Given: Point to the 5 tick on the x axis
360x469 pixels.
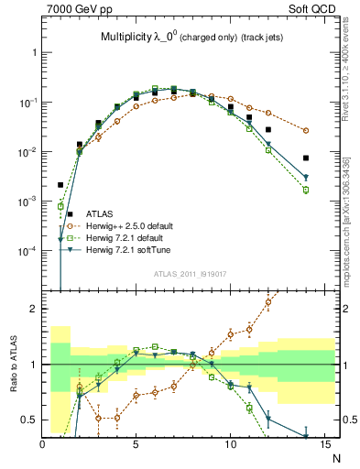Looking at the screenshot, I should [x=136, y=446].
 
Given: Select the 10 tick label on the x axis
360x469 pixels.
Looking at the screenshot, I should [x=230, y=446].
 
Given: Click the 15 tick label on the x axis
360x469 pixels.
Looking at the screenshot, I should [x=323, y=446].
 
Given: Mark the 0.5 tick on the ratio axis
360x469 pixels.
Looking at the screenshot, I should [x=30, y=420].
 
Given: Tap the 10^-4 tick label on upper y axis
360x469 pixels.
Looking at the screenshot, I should [x=27, y=250].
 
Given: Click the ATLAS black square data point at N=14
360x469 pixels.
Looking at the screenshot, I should [x=306, y=158].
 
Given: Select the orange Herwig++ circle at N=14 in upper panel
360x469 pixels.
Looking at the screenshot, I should [x=306, y=131].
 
